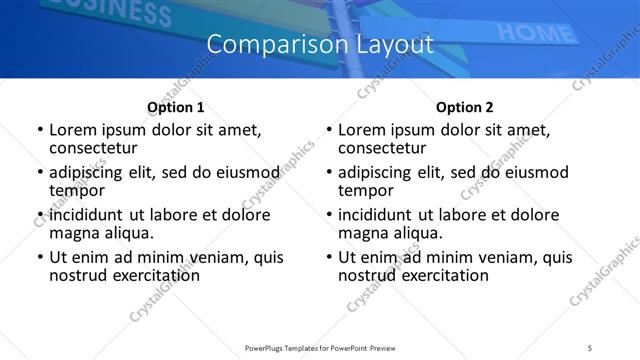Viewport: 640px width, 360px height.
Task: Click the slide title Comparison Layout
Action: coord(320,44)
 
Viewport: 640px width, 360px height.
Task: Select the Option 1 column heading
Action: coord(175,107)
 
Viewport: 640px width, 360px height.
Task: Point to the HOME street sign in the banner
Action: coord(531,33)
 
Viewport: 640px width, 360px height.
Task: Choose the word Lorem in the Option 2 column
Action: coord(361,130)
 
